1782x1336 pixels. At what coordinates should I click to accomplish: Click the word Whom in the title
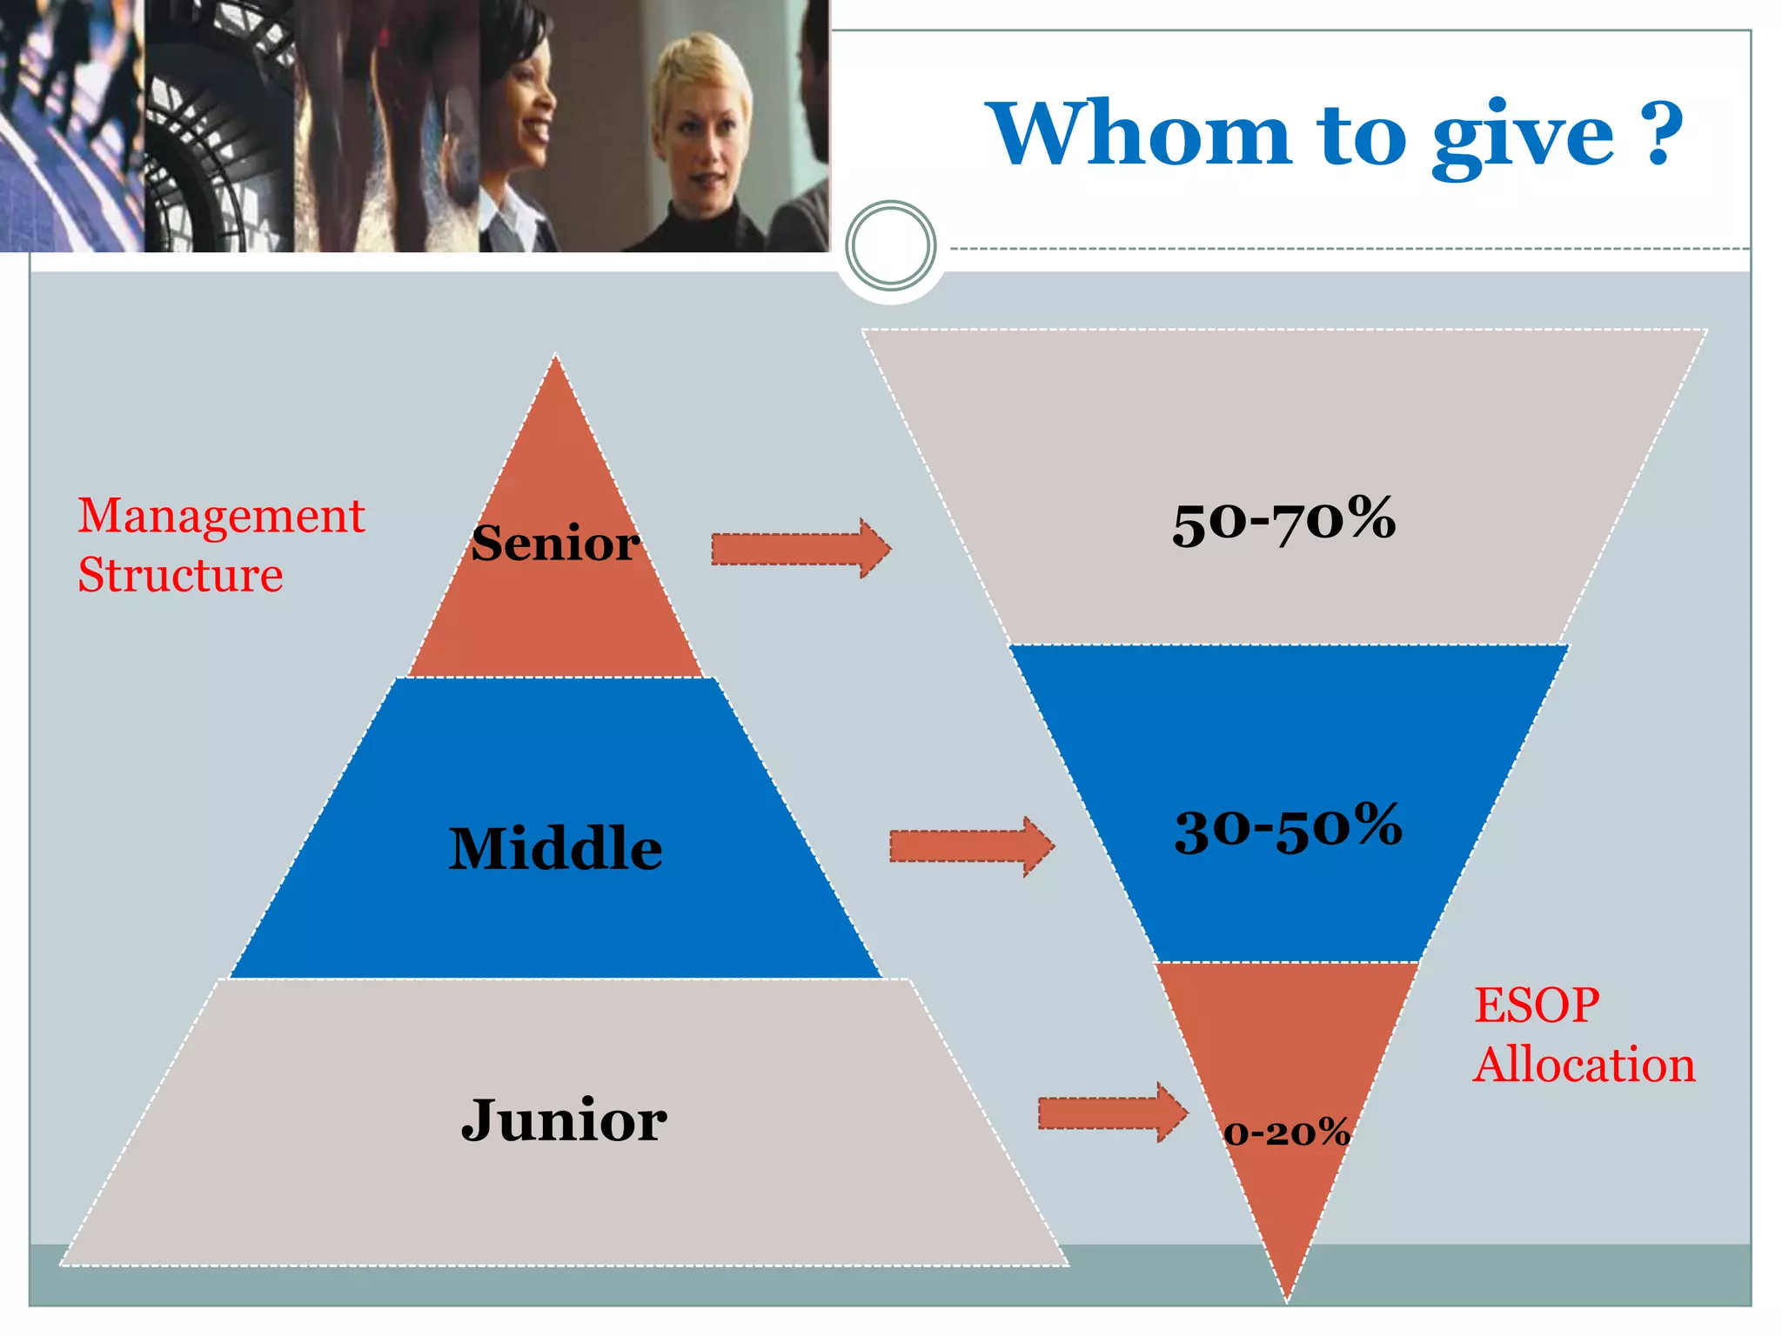[1141, 134]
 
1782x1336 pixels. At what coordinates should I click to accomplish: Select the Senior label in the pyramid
[556, 544]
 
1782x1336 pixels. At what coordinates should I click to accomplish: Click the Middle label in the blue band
[555, 848]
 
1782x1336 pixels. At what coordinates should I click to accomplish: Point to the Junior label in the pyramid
[564, 1120]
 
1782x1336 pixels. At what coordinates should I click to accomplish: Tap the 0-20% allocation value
[1287, 1132]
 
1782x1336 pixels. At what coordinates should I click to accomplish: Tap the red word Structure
[180, 575]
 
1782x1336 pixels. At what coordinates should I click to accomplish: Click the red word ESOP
[1537, 1005]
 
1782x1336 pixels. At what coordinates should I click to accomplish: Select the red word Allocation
[1584, 1065]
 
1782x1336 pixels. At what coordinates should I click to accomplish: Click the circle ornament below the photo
[890, 246]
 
